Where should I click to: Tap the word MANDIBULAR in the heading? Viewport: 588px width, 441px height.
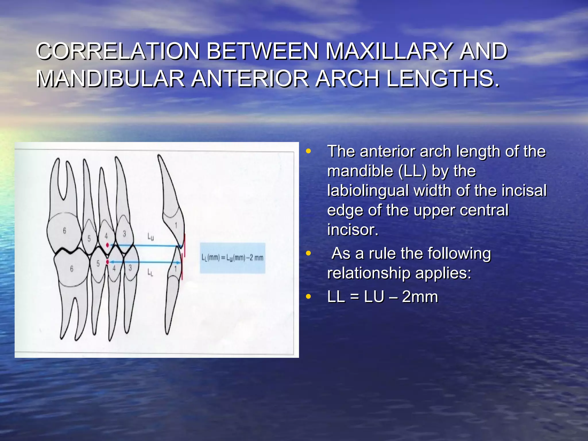pyautogui.click(x=111, y=79)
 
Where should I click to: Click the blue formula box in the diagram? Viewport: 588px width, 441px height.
pyautogui.click(x=232, y=258)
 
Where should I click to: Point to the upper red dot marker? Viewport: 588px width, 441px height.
pyautogui.click(x=107, y=245)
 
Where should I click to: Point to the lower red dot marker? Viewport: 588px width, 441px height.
pyautogui.click(x=107, y=262)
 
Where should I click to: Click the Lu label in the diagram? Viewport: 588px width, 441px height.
pyautogui.click(x=150, y=237)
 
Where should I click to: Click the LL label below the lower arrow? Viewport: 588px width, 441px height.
pyautogui.click(x=150, y=272)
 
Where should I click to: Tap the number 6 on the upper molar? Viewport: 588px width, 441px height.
pyautogui.click(x=65, y=231)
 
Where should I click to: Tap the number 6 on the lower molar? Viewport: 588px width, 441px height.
pyautogui.click(x=71, y=269)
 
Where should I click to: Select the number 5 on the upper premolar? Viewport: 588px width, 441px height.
pyautogui.click(x=89, y=238)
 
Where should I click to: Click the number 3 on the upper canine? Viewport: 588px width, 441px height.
pyautogui.click(x=124, y=234)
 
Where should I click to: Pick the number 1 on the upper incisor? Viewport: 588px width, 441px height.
pyautogui.click(x=176, y=226)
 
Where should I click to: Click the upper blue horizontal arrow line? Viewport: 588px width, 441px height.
pyautogui.click(x=144, y=245)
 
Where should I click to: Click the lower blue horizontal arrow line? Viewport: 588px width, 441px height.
pyautogui.click(x=144, y=262)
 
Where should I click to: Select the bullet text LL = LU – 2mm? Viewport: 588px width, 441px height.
pyautogui.click(x=382, y=297)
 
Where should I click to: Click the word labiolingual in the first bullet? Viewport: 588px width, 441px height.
pyautogui.click(x=367, y=191)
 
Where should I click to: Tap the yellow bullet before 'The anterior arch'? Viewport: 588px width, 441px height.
pyautogui.click(x=308, y=151)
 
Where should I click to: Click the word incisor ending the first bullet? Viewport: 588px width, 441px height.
pyautogui.click(x=353, y=230)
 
